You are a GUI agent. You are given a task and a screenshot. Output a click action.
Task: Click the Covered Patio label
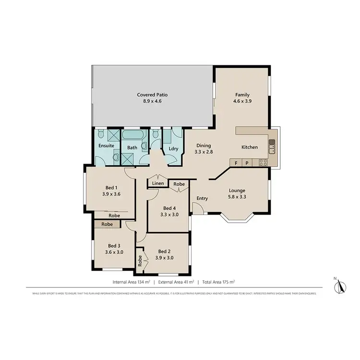click(x=152, y=95)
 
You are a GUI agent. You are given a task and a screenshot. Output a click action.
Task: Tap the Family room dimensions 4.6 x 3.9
click(x=242, y=101)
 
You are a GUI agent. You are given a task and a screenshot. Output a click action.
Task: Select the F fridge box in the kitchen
click(x=236, y=163)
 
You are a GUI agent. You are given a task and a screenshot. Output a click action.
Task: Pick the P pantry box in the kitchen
click(x=247, y=163)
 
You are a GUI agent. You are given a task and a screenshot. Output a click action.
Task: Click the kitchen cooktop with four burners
click(x=263, y=162)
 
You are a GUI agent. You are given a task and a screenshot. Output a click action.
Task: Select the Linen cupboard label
click(x=158, y=183)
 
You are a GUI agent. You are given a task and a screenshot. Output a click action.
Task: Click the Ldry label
click(x=173, y=149)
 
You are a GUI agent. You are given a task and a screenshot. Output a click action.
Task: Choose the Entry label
click(x=202, y=198)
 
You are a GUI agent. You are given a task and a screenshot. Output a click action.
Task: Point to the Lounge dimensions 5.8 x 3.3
click(x=237, y=196)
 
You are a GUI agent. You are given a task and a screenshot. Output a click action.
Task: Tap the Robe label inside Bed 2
click(x=140, y=260)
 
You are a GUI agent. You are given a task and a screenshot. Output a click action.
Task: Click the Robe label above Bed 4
click(x=179, y=184)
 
